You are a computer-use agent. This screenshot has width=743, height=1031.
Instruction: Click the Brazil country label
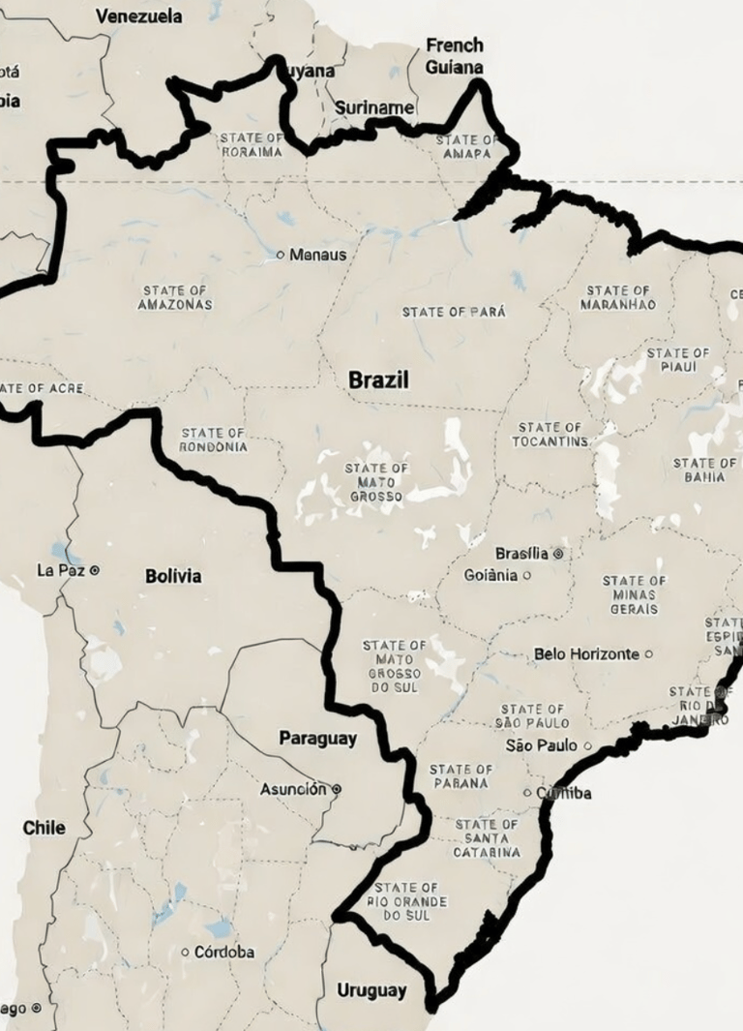click(x=378, y=380)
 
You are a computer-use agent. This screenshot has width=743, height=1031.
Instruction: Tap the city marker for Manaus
click(x=281, y=255)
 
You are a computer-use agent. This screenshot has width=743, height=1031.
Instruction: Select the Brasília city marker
click(x=557, y=554)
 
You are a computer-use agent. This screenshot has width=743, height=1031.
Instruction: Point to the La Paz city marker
click(x=94, y=570)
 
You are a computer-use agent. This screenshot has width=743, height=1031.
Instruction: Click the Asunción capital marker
click(x=337, y=789)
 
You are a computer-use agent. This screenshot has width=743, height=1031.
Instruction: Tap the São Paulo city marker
click(x=587, y=745)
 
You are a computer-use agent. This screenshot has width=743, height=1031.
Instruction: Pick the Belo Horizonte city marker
click(x=648, y=654)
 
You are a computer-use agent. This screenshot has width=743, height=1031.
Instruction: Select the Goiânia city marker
click(x=526, y=575)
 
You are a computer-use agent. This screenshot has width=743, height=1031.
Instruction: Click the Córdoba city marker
click(x=185, y=952)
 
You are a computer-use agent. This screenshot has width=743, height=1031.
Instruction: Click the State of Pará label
click(x=454, y=312)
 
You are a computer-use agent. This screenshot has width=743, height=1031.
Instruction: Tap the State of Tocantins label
click(x=550, y=435)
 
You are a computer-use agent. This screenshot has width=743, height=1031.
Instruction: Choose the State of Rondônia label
click(x=213, y=440)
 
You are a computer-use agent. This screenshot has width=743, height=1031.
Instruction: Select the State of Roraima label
click(x=253, y=144)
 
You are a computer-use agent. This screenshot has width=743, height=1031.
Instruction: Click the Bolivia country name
click(x=173, y=576)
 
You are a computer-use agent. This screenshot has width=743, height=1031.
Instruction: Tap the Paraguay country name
click(x=317, y=738)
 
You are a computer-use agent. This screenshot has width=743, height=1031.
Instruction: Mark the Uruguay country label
click(x=371, y=990)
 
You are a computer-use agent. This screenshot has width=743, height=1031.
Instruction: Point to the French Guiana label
click(x=454, y=56)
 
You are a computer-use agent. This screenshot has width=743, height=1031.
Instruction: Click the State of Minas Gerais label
click(x=634, y=594)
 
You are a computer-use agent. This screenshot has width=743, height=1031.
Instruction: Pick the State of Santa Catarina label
click(x=487, y=838)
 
